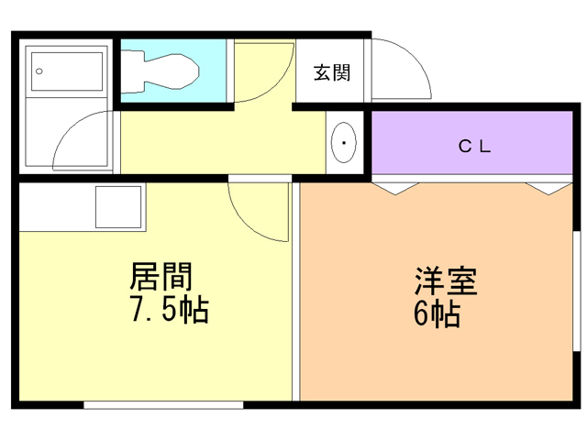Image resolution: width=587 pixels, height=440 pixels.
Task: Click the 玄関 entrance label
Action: tap(332, 72)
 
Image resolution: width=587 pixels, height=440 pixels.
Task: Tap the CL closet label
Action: tap(476, 146)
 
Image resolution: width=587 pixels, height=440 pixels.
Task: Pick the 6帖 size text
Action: tap(436, 314)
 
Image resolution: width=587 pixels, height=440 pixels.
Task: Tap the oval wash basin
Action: tap(343, 142)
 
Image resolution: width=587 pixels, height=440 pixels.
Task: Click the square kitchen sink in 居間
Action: tap(119, 207)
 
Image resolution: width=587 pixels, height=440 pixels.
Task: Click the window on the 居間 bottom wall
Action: tap(163, 403)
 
